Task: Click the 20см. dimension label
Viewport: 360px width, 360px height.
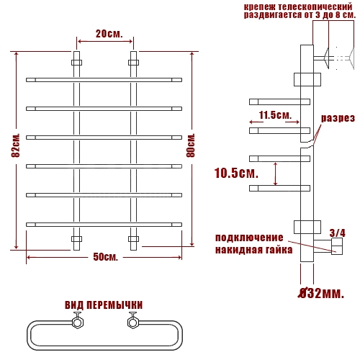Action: pos(109,34)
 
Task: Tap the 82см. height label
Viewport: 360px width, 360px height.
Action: pos(16,145)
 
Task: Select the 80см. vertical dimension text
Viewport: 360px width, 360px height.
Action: pos(191,145)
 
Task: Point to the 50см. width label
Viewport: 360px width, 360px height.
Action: pos(106,257)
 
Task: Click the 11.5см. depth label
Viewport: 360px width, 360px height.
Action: pos(275,115)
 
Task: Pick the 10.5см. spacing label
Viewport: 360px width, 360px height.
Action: pos(236,173)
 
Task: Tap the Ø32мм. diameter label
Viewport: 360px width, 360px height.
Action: pos(321,293)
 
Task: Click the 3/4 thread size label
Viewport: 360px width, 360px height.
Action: pos(337,233)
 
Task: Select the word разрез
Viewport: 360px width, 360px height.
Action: pos(338,118)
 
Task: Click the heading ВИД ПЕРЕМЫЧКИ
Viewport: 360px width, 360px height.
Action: pos(104,305)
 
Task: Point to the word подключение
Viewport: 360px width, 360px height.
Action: pos(249,238)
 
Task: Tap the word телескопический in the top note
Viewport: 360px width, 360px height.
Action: pos(315,6)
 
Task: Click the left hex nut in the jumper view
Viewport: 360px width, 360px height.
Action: pos(78,323)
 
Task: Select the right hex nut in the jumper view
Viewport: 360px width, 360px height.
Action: pos(132,323)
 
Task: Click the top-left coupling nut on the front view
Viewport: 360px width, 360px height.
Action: pos(76,63)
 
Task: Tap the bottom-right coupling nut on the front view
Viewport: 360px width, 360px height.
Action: pos(133,239)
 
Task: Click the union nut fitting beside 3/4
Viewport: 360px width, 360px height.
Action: pos(337,246)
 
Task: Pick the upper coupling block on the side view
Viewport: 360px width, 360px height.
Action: pos(307,79)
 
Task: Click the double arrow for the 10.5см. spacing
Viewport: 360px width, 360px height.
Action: pos(276,174)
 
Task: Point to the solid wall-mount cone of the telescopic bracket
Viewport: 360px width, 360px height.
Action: pos(326,58)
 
